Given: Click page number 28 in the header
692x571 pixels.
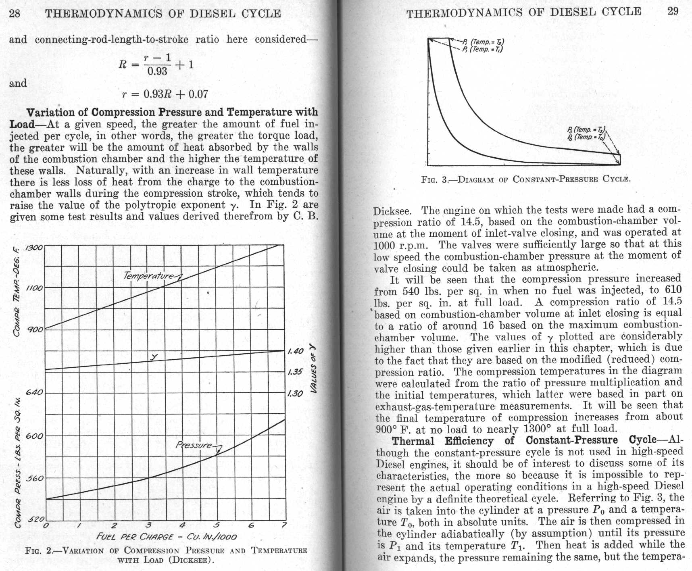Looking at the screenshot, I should (x=15, y=13).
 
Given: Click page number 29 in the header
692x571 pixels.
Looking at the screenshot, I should (x=673, y=11).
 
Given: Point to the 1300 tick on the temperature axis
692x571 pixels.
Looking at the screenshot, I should (x=34, y=247).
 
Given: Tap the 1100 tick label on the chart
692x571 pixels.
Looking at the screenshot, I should (x=34, y=289).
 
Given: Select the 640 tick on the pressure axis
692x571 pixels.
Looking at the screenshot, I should (x=34, y=392).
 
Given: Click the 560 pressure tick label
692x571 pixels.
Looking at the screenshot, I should (x=34, y=479).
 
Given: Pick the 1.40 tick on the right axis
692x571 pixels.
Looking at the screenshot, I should (x=295, y=351).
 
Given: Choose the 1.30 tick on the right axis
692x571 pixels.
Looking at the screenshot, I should (x=295, y=394).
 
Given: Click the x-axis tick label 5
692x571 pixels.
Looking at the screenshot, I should (x=217, y=525).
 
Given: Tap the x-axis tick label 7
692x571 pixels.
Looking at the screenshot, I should (x=284, y=525).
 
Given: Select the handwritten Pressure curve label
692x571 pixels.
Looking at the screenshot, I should (x=194, y=445).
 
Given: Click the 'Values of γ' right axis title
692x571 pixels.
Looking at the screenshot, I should (x=313, y=368).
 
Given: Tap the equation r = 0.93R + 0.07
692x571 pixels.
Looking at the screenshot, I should (x=165, y=94).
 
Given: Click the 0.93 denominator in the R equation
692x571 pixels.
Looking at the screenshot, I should (x=157, y=72).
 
